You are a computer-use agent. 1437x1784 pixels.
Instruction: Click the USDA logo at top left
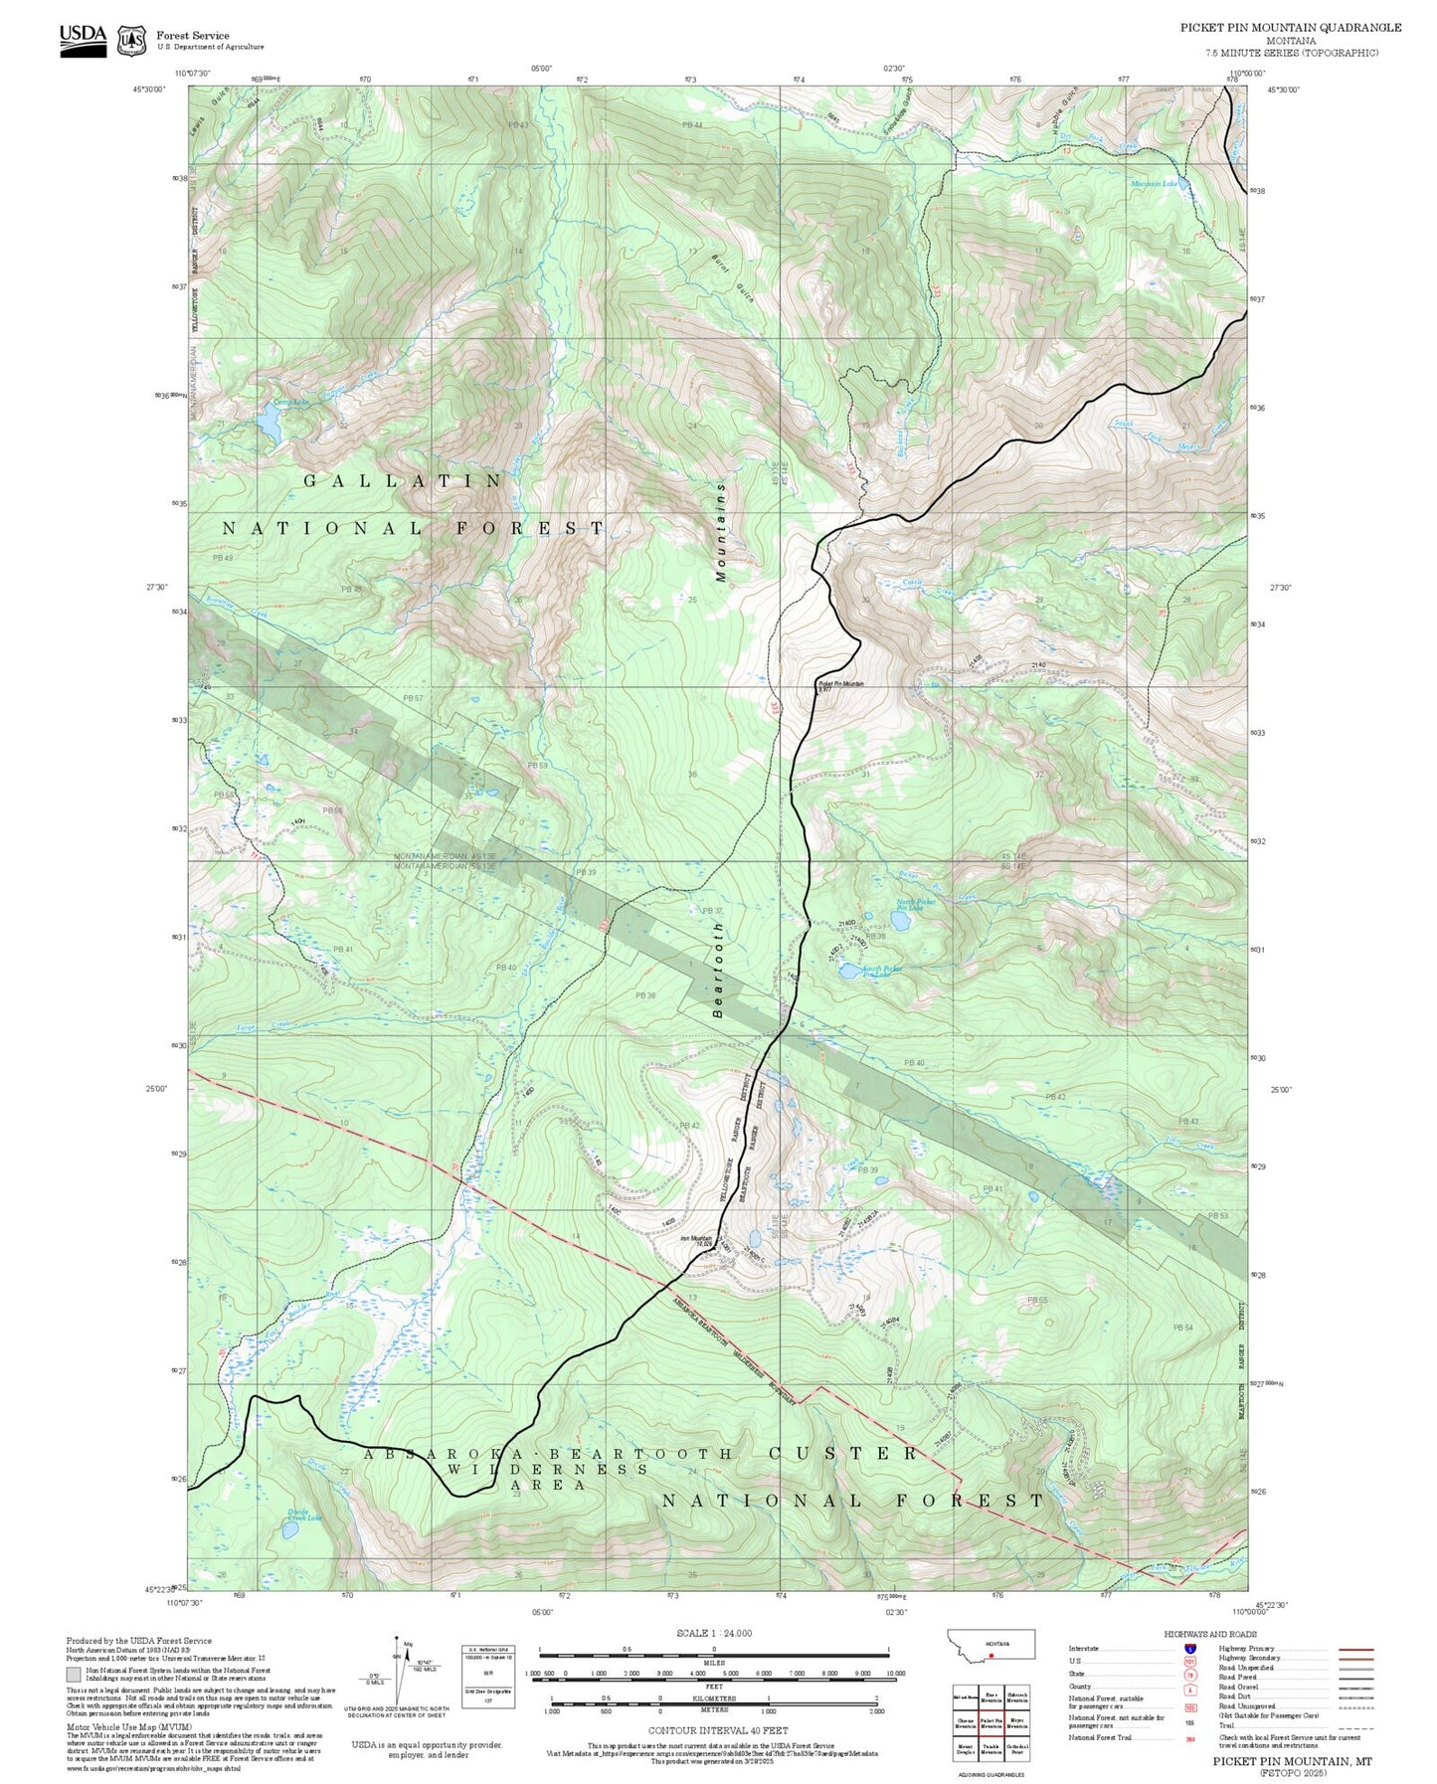pyautogui.click(x=83, y=37)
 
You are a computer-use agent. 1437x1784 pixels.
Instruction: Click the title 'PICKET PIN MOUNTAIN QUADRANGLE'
pyautogui.click(x=1291, y=28)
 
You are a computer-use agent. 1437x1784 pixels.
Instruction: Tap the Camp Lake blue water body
pyautogui.click(x=269, y=424)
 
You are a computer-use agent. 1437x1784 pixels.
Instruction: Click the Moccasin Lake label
pyautogui.click(x=1154, y=184)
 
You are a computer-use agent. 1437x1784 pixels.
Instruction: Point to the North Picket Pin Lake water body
pyautogui.click(x=901, y=921)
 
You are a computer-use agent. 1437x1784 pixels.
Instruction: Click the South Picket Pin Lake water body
pyautogui.click(x=851, y=972)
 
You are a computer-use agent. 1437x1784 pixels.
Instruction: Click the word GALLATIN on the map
pyautogui.click(x=403, y=481)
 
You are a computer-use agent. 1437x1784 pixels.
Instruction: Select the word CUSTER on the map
pyautogui.click(x=843, y=1453)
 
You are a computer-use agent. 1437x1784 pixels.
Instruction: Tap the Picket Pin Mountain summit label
pyautogui.click(x=840, y=684)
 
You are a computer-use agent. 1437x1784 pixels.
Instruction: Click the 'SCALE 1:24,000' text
pyautogui.click(x=714, y=1634)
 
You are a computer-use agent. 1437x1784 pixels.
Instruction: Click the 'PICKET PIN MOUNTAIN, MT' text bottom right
pyautogui.click(x=1292, y=1760)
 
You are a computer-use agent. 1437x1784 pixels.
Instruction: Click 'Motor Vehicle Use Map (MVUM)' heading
pyautogui.click(x=129, y=1727)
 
